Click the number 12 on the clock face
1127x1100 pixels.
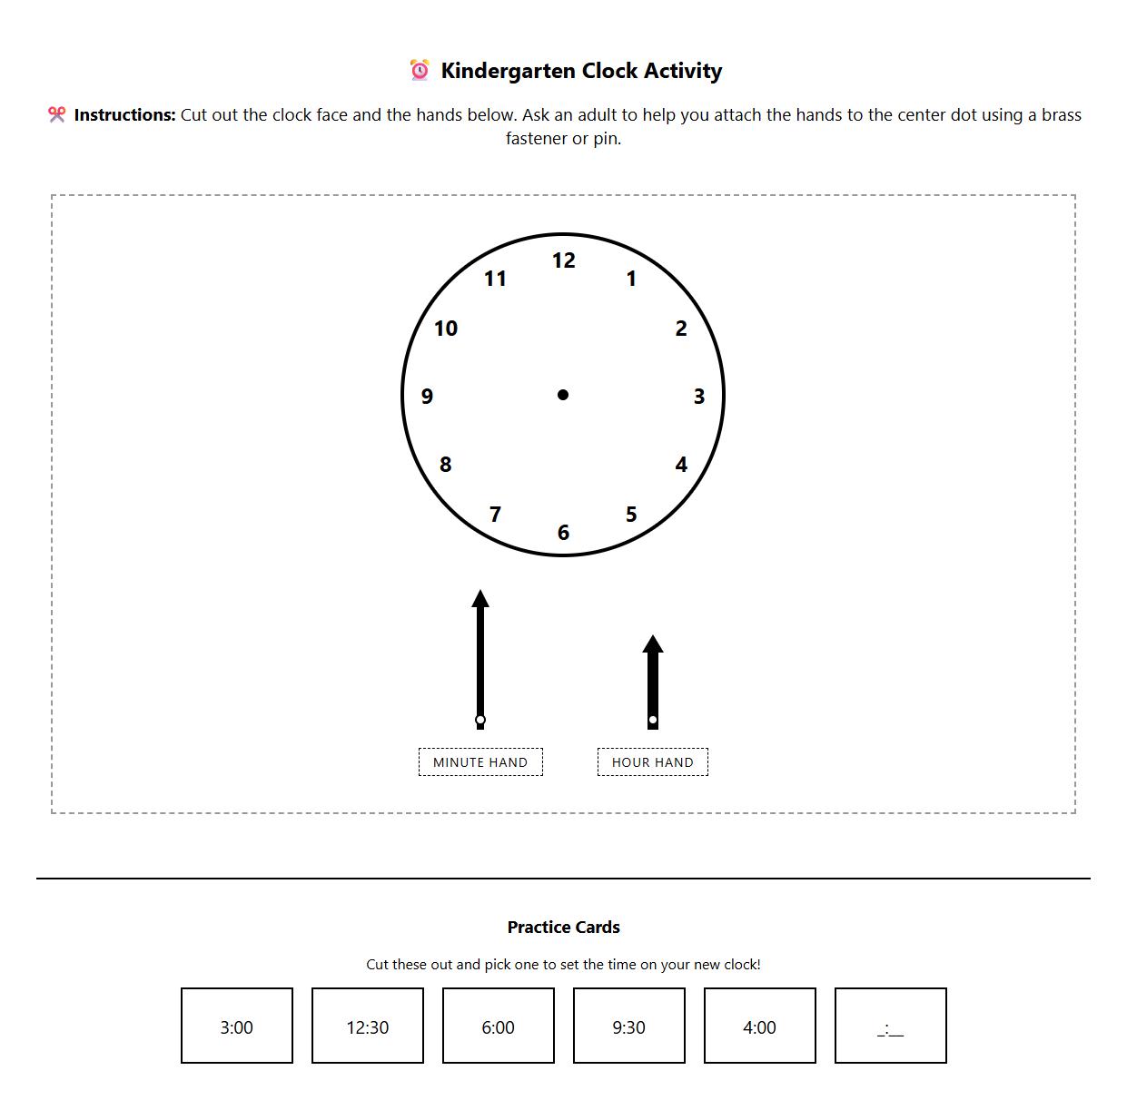click(563, 260)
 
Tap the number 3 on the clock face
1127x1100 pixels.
click(698, 397)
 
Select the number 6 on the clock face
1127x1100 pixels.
click(563, 533)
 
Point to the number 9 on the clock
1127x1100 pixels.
click(427, 397)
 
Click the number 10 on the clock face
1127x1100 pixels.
click(445, 329)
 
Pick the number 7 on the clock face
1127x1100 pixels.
click(495, 515)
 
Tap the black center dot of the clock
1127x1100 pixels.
click(563, 395)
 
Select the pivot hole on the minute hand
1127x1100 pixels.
click(480, 720)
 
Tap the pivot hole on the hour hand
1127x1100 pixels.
click(653, 720)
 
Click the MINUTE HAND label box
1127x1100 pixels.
click(480, 762)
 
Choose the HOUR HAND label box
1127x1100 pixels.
click(653, 762)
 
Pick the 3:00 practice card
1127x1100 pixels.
click(237, 1026)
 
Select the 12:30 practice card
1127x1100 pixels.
click(368, 1026)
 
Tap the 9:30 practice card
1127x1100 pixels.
click(629, 1026)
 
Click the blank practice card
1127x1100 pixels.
click(891, 1026)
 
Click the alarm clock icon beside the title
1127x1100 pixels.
click(420, 71)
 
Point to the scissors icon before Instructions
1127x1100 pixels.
click(57, 114)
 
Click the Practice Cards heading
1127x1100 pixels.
click(563, 927)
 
